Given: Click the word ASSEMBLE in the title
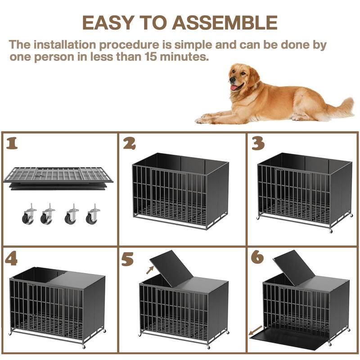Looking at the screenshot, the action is [225, 22].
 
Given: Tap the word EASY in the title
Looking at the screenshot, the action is [108, 22].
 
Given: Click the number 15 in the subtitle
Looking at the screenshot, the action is [150, 57].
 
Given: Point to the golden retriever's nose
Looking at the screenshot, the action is [232, 80].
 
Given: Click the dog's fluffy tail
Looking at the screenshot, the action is [342, 108].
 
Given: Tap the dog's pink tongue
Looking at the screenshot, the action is [234, 88].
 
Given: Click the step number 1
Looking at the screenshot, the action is [12, 143].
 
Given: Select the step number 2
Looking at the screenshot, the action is [129, 144].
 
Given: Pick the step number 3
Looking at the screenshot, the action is [258, 144].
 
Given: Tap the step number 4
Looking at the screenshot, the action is [11, 260].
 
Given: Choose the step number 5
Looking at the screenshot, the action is [128, 259].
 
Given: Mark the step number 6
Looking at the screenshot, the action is [257, 257].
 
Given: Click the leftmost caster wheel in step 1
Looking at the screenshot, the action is [29, 214].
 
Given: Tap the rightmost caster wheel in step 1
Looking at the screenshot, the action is [93, 214].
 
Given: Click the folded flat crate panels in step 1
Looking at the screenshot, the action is [58, 178].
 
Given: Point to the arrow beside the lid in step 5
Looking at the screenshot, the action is [150, 270].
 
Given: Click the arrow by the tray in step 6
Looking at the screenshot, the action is [256, 330].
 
